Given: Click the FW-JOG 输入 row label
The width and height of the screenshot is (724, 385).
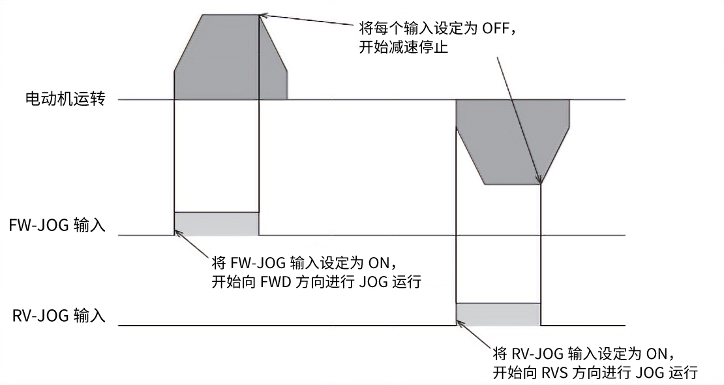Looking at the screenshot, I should click(57, 225).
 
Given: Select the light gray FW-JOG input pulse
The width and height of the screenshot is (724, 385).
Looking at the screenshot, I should click(217, 223).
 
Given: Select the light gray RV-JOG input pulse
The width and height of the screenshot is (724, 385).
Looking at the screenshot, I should click(498, 314).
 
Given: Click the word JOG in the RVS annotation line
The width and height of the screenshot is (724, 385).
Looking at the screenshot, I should click(648, 372).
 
